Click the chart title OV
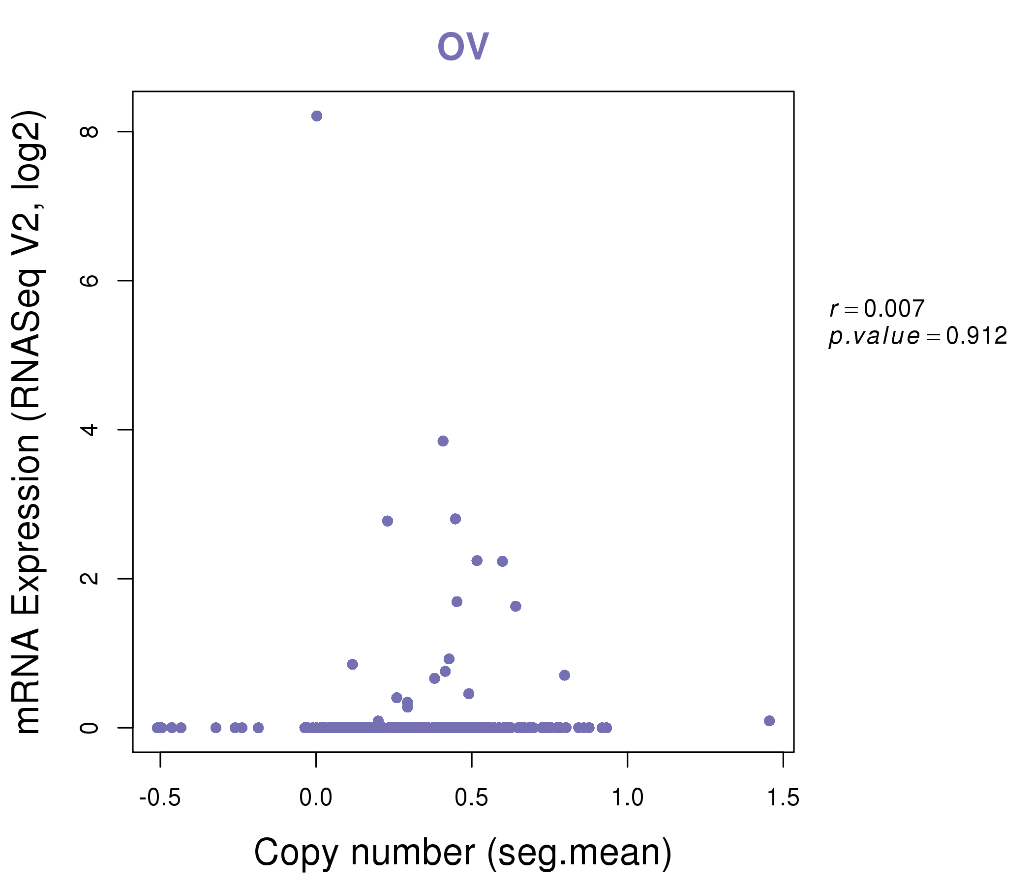click(x=463, y=46)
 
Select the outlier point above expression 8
click(x=317, y=116)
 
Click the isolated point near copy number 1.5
click(x=769, y=721)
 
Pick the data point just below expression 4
click(x=443, y=441)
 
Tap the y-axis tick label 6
click(x=90, y=280)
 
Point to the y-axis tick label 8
click(x=90, y=132)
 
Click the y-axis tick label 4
click(x=90, y=429)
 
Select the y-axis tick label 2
click(x=90, y=578)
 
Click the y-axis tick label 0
click(x=90, y=728)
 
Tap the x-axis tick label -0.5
click(x=159, y=798)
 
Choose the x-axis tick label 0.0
click(x=316, y=798)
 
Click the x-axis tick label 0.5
click(x=471, y=798)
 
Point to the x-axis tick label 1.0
click(x=627, y=798)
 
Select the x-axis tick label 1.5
click(x=783, y=798)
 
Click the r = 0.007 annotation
click(x=877, y=309)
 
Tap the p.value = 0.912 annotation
click(x=917, y=336)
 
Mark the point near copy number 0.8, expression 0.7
click(x=564, y=675)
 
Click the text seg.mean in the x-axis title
click(x=578, y=854)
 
